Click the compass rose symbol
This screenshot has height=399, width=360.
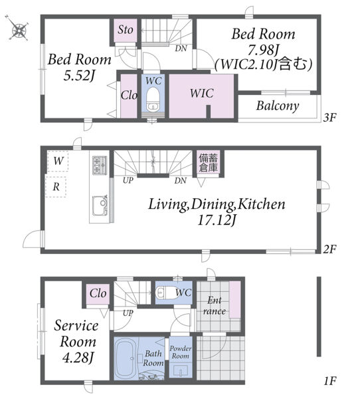coord(18,29)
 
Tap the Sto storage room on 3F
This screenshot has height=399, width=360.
coord(125,31)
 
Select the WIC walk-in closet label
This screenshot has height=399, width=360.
coord(202,93)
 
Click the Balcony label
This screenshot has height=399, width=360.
coord(278,106)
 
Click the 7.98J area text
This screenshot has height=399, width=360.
coord(263,50)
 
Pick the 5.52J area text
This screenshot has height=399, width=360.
coord(79,76)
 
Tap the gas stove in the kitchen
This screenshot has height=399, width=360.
coord(100,166)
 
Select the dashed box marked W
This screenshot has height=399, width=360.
coord(58,161)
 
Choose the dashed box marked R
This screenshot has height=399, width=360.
coord(56,187)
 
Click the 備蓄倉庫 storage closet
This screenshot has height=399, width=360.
coord(208,163)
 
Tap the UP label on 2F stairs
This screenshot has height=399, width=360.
coord(128,180)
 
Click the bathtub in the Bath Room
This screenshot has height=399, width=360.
coord(126,358)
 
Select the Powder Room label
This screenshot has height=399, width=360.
coord(181,352)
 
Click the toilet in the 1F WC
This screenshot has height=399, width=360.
coord(166,292)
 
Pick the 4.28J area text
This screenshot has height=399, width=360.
coord(78,358)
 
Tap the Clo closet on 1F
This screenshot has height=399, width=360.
coord(98,293)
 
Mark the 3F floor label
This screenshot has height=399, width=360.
coord(329,118)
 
